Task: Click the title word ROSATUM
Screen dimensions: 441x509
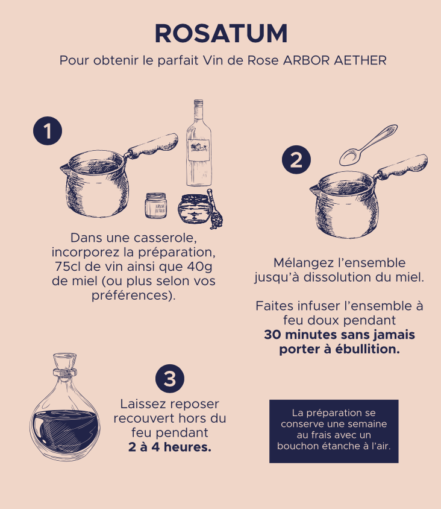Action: click(221, 33)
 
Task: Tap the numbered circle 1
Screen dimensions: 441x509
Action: click(48, 131)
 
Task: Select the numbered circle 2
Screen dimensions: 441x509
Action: click(296, 159)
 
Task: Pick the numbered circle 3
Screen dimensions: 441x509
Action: click(170, 379)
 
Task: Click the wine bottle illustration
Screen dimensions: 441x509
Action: click(198, 143)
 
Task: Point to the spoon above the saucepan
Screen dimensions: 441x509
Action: click(368, 145)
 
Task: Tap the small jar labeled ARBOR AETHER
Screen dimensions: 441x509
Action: click(156, 206)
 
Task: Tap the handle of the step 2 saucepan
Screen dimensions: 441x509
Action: click(401, 166)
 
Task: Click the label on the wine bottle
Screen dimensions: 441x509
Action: click(198, 150)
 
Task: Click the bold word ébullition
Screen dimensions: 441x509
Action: click(367, 349)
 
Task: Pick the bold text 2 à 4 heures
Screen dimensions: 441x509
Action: click(170, 447)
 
